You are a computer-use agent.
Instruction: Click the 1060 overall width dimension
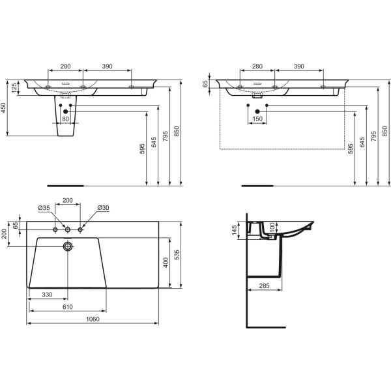(93, 319)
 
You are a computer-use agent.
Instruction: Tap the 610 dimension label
(68, 307)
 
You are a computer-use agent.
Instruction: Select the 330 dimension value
(47, 295)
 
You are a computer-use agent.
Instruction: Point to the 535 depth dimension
(177, 255)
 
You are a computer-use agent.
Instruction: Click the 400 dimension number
(166, 263)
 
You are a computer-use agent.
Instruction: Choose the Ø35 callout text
(44, 207)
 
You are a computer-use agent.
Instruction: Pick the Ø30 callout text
(103, 207)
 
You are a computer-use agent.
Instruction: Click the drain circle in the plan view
(68, 246)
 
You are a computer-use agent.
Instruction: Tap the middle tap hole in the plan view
(68, 229)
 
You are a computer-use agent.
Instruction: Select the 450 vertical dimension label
(3, 108)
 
